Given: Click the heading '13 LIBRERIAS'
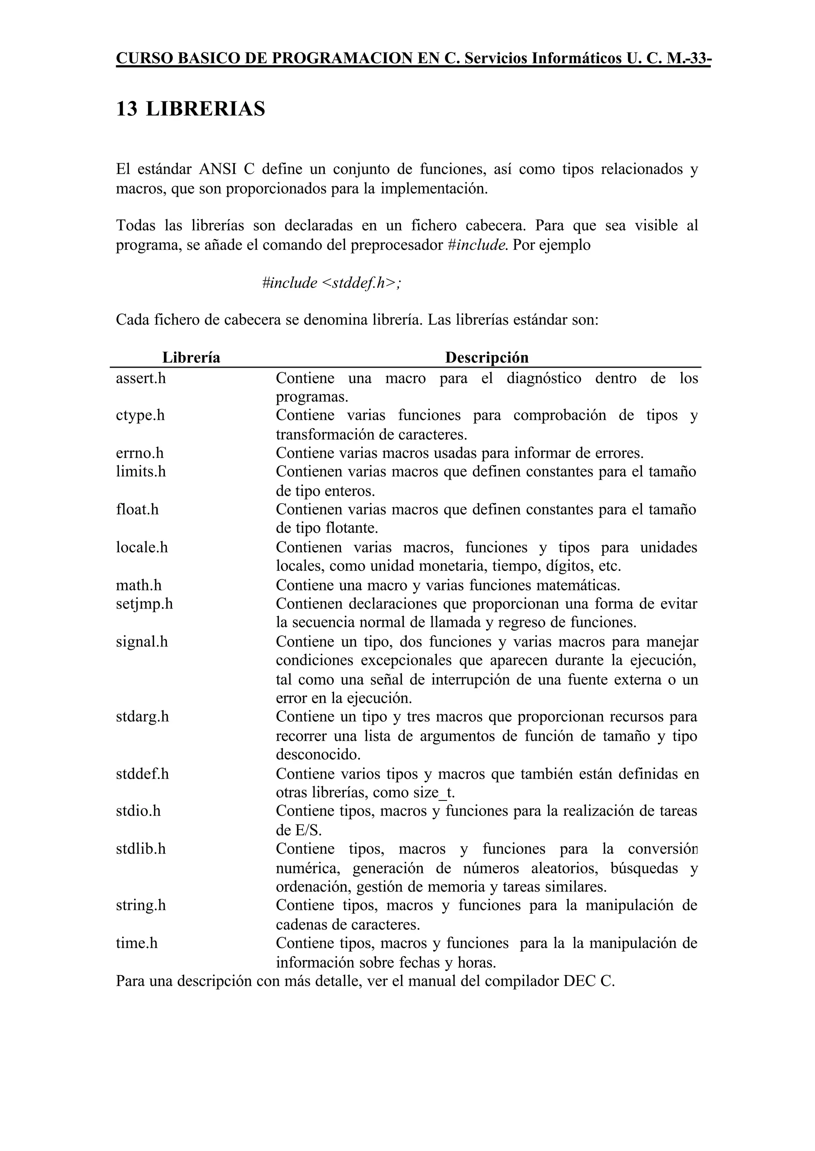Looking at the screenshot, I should coord(190,109).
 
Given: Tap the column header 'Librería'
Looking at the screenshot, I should coord(191,357).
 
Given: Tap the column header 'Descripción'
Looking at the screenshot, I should coord(486,357).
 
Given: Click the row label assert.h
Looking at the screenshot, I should coord(140,378).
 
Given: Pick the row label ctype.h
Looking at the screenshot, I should coord(140,415).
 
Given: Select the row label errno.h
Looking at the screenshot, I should coord(140,453).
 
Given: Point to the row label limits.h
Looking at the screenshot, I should coord(140,471).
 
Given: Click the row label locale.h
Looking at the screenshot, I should coord(142,547).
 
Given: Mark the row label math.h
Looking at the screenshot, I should coord(138,585).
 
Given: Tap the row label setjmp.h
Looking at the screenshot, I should coord(144,604).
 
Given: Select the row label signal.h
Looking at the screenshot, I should coord(142,641).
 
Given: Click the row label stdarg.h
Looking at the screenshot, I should coord(142,717).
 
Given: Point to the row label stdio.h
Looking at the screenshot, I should coord(138,811).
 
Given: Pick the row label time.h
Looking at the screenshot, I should coord(136,943).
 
